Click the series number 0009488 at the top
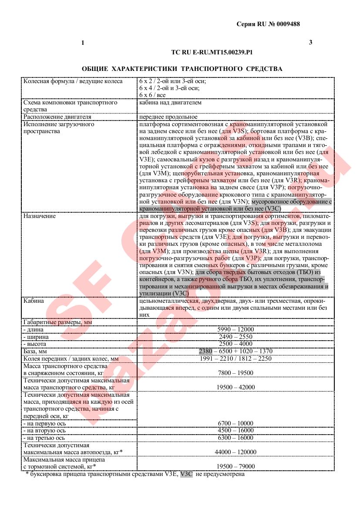click(x=287, y=24)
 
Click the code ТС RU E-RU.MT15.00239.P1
click(x=212, y=52)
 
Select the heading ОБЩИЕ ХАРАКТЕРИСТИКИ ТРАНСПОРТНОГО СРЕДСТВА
click(x=182, y=69)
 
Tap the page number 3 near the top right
click(x=310, y=42)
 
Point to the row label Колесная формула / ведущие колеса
click(x=73, y=81)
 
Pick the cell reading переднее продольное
click(x=168, y=117)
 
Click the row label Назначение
click(x=40, y=216)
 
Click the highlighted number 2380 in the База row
click(x=205, y=351)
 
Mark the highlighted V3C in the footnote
click(x=186, y=474)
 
